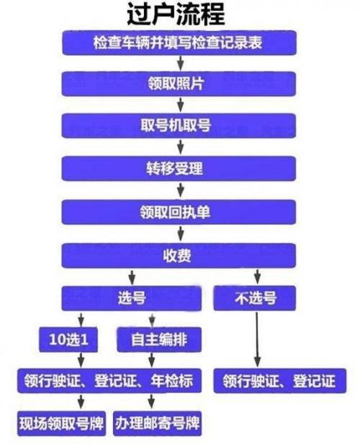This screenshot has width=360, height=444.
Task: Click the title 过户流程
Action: [x=176, y=14]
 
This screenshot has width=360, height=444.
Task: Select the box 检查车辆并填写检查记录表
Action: [x=179, y=43]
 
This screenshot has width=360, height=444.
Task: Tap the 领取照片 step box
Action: [x=179, y=84]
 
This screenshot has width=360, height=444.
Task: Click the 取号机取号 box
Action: [x=179, y=125]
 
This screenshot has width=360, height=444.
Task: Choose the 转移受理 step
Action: [x=179, y=169]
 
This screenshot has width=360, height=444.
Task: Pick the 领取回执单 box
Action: [x=179, y=212]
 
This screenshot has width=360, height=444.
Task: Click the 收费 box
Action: [x=179, y=256]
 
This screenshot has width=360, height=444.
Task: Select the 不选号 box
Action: [x=254, y=298]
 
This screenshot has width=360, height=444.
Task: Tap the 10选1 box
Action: [x=68, y=339]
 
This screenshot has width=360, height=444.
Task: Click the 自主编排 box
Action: [x=159, y=339]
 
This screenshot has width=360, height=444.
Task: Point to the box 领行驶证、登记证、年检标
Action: [x=109, y=381]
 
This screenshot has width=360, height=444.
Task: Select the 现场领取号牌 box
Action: [x=61, y=424]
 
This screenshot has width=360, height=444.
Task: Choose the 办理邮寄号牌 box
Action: [x=157, y=424]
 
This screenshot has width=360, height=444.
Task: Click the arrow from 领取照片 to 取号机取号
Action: [x=181, y=105]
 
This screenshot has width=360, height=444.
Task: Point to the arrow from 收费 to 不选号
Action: [x=257, y=276]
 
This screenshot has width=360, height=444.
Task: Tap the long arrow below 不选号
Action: [x=257, y=339]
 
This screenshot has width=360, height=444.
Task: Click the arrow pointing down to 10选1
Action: [x=81, y=319]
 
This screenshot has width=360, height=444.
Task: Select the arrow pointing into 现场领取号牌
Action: [x=81, y=401]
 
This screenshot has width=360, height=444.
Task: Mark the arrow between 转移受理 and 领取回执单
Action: [x=181, y=190]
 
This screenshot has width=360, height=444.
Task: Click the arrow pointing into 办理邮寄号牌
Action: [x=152, y=401]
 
